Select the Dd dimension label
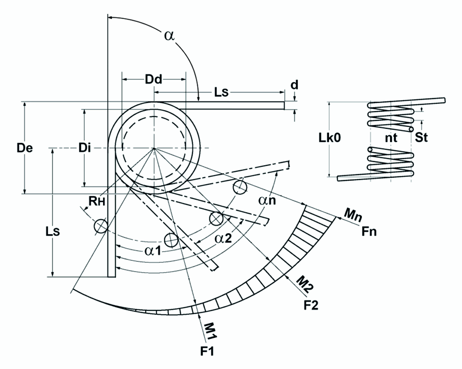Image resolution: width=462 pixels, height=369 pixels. tap(153, 79)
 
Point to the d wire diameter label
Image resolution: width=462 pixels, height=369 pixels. tap(295, 84)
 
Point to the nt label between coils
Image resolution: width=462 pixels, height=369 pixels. tap(390, 138)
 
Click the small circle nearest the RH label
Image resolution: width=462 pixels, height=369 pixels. tap(101, 226)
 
